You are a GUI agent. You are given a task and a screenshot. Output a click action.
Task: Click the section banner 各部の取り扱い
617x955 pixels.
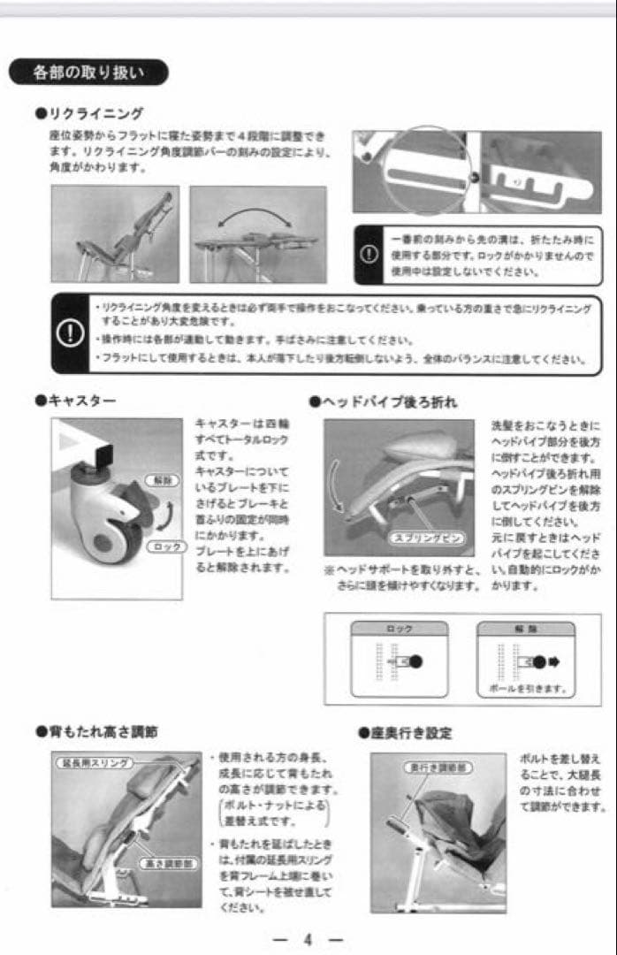[88, 73]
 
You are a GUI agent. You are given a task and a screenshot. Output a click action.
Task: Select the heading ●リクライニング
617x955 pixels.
[88, 113]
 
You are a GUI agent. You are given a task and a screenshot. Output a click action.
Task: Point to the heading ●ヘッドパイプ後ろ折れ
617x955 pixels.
[384, 401]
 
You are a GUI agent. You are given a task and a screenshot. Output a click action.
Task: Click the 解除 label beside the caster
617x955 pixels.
[163, 480]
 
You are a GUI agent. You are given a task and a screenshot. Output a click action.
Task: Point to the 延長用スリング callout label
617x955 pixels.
[94, 762]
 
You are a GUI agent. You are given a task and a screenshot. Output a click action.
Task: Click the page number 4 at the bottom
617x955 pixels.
[308, 939]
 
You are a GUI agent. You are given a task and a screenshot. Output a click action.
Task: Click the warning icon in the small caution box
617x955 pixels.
[369, 255]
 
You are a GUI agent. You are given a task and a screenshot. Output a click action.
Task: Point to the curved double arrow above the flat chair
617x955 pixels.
[256, 217]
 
